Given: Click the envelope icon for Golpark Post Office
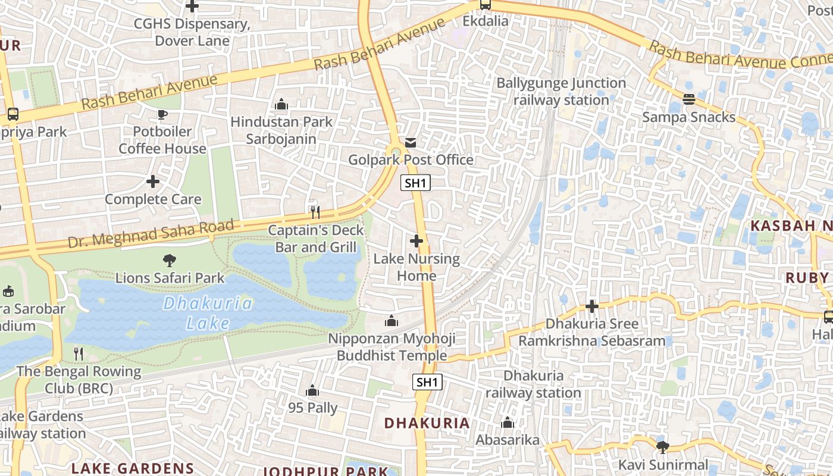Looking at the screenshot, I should point(411,143).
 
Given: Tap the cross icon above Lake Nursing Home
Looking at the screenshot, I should point(416,241).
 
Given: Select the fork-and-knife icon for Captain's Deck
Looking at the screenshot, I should point(315,211).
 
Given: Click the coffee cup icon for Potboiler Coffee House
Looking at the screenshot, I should point(162,114).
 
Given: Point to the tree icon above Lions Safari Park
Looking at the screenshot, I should point(170,260).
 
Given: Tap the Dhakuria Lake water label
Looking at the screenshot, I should point(208,313).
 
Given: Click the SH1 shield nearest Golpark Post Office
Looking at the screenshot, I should point(415,183).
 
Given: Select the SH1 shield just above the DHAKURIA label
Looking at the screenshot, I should point(427,382).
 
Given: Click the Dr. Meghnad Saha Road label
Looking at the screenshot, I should point(151,233).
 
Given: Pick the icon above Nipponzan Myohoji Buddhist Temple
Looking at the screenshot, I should point(392,321).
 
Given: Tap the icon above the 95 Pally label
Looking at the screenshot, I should point(312,391).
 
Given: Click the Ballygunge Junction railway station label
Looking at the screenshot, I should point(561,91).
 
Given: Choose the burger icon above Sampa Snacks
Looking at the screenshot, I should point(689,99).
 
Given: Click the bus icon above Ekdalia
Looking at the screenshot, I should point(486,5).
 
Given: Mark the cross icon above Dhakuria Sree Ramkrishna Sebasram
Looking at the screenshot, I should point(592,306).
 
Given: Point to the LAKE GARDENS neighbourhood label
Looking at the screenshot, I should point(133,468).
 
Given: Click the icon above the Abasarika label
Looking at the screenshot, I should point(508,423).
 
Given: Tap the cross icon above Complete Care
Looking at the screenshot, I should point(153,181).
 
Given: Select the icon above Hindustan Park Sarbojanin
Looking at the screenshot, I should point(281,105).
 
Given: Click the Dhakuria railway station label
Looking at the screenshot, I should point(533,384).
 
